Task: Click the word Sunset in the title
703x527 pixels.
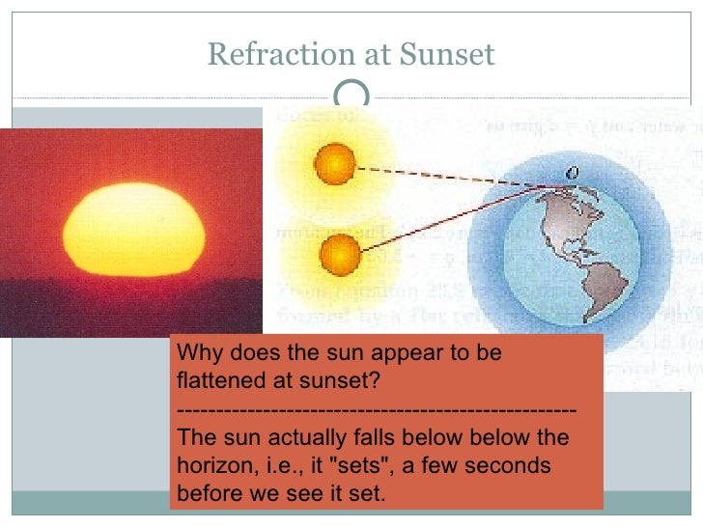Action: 446,55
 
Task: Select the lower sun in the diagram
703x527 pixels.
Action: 339,255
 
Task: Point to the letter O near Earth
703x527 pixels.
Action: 573,171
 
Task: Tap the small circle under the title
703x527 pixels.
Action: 351,95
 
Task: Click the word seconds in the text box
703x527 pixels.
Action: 512,466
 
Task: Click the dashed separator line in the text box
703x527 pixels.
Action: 377,412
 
